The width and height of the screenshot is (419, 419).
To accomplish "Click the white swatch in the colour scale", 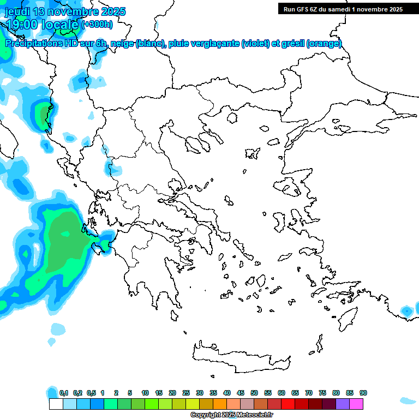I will coord(56,404).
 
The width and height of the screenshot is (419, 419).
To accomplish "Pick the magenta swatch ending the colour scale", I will coord(356,404).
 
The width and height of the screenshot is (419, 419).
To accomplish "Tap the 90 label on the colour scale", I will coord(363,393).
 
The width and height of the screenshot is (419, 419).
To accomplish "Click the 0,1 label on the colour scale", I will coord(64,393).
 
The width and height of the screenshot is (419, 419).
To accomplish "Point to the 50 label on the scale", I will coord(254,393).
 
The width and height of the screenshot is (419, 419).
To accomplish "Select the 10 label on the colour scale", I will coord(145,393).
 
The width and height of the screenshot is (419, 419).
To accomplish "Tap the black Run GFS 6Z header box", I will coord(341,9).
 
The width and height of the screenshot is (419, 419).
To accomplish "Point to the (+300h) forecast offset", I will coord(97,24).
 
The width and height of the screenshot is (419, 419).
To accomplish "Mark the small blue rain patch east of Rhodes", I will coord(406,311).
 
